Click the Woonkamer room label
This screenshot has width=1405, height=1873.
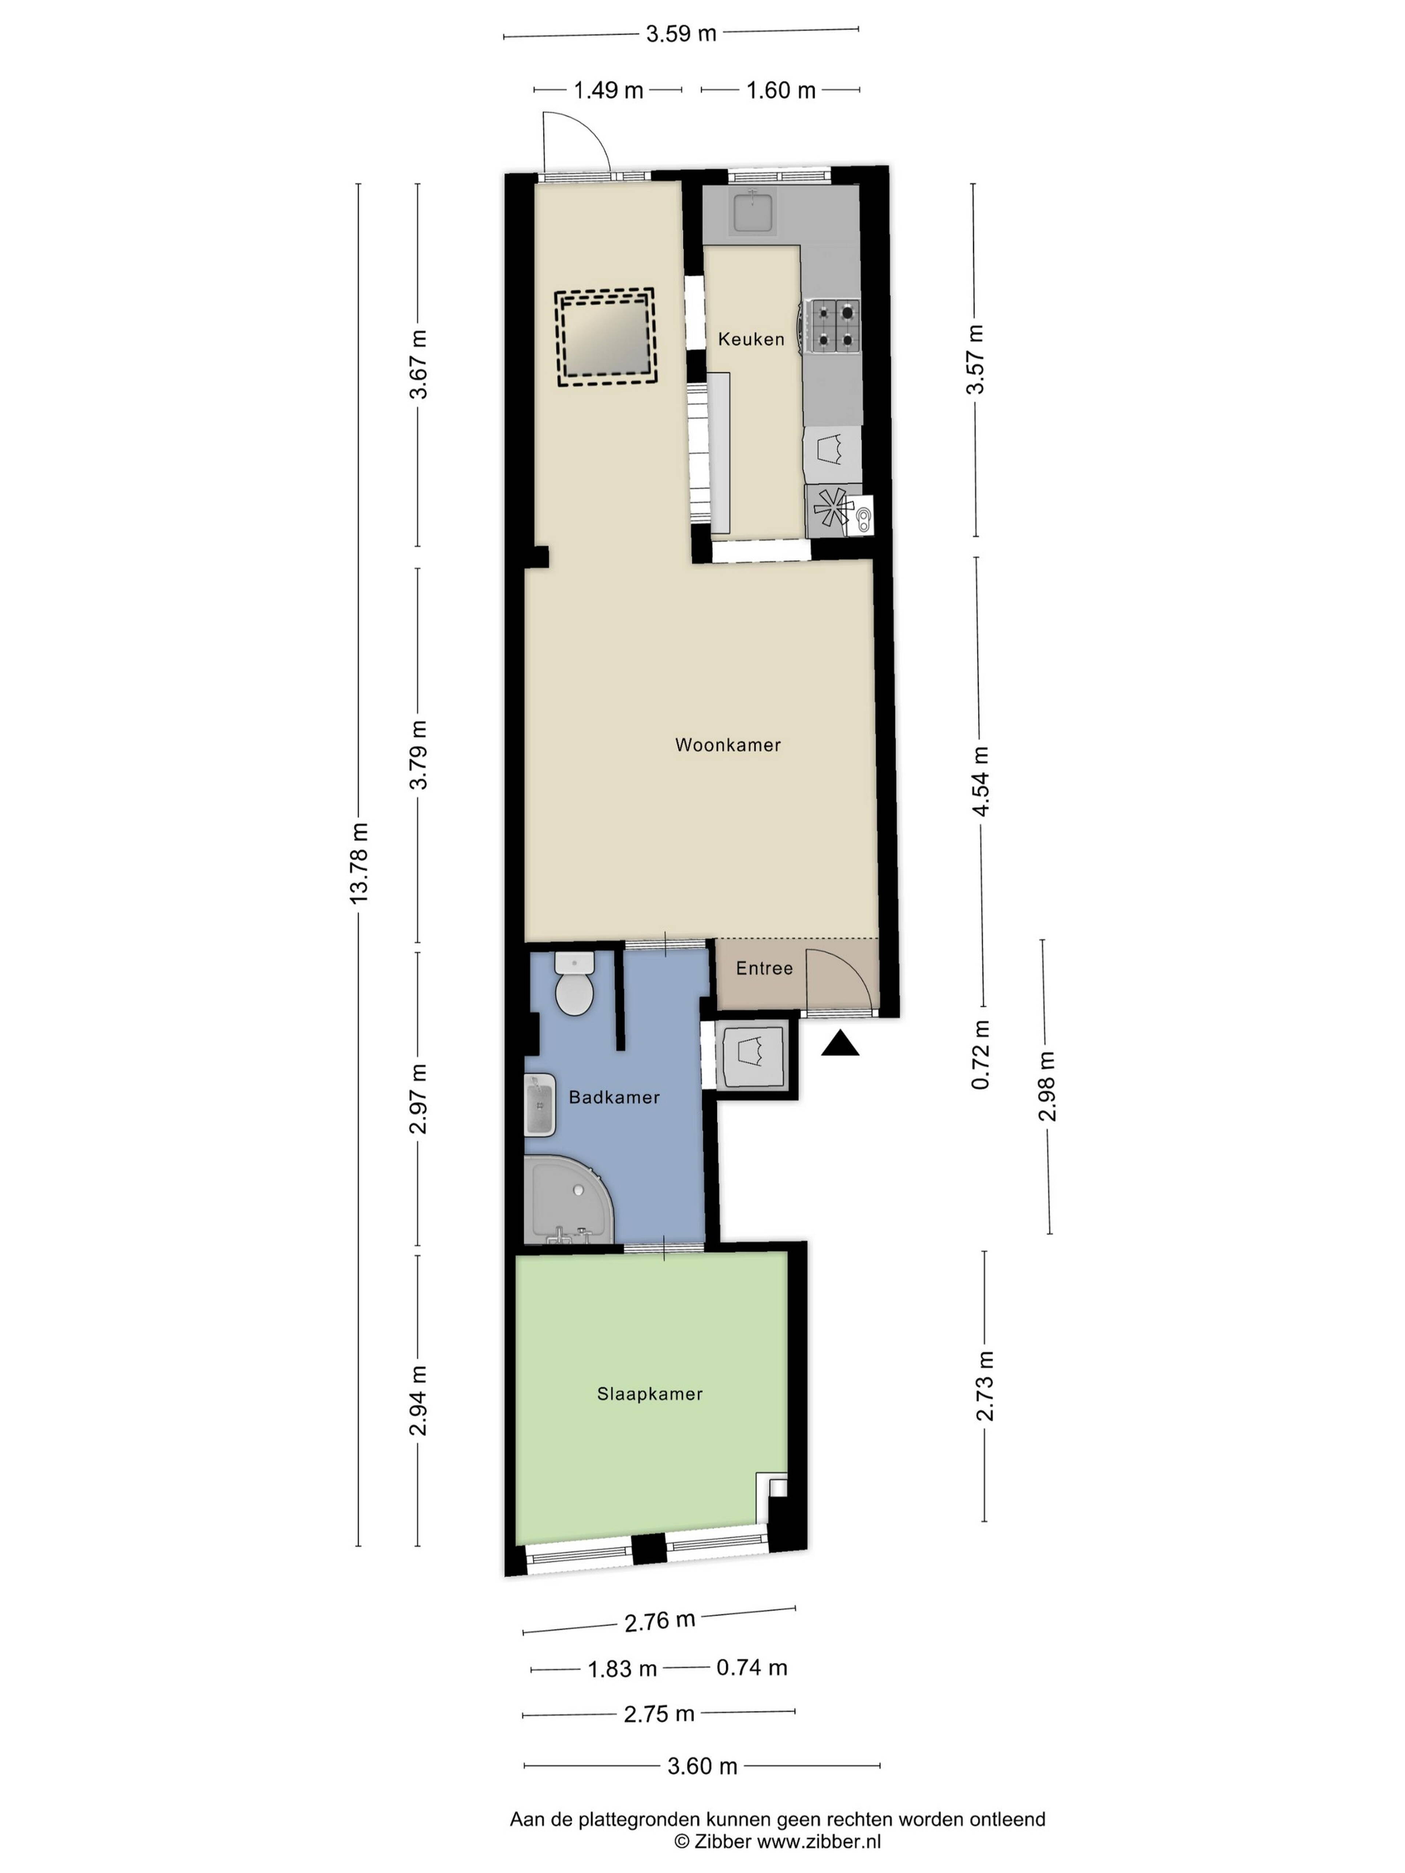tap(727, 745)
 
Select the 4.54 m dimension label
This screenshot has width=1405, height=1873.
tap(980, 781)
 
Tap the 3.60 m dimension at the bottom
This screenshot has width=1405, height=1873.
tap(702, 1766)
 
